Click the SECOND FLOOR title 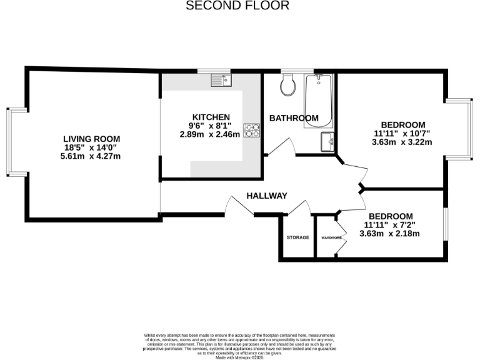[238, 6]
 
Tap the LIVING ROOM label [91, 139]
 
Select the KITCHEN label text [211, 117]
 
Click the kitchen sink [221, 79]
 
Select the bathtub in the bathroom [319, 100]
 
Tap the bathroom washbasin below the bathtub [327, 141]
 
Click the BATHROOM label [294, 118]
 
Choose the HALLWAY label [266, 196]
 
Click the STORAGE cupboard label [298, 237]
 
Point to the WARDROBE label [331, 237]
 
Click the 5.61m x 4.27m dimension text [91, 156]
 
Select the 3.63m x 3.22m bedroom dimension [403, 142]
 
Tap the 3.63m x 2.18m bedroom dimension [389, 234]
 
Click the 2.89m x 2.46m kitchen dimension [210, 134]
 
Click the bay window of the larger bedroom [461, 129]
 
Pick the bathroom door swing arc [279, 147]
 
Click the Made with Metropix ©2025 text [240, 356]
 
